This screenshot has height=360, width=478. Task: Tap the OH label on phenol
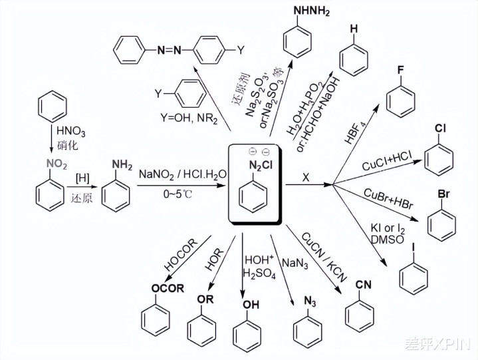point(247,305)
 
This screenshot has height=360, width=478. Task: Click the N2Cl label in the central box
point(258,165)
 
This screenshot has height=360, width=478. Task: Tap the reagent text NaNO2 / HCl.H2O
point(179,174)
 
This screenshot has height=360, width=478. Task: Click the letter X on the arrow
point(306,177)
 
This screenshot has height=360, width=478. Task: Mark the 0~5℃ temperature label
point(178,194)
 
